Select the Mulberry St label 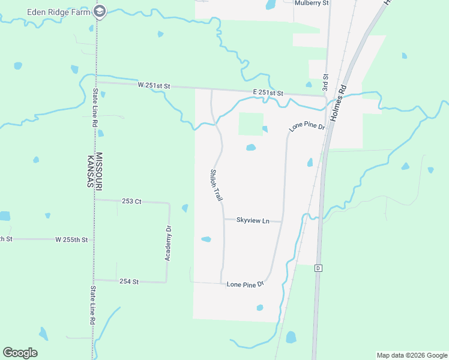pyautogui.click(x=312, y=3)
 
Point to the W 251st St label pyautogui.click(x=154, y=86)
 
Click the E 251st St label pyautogui.click(x=267, y=92)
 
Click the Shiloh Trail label pyautogui.click(x=216, y=185)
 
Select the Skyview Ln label pyautogui.click(x=253, y=221)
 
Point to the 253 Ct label pyautogui.click(x=131, y=202)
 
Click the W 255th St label pyautogui.click(x=71, y=239)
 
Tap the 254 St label pyautogui.click(x=129, y=281)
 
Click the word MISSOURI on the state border pyautogui.click(x=100, y=169)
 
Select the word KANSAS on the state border pyautogui.click(x=88, y=170)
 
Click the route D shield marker pyautogui.click(x=318, y=268)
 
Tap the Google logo pyautogui.click(x=20, y=353)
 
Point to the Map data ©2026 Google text pyautogui.click(x=411, y=355)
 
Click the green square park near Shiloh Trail pyautogui.click(x=251, y=124)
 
